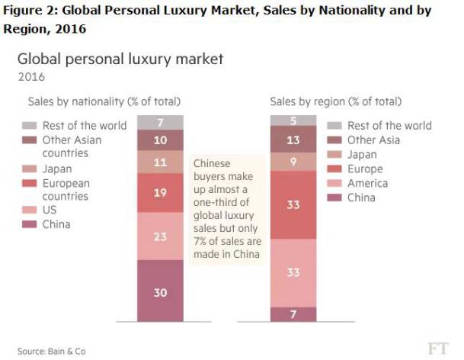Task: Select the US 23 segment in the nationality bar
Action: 160,236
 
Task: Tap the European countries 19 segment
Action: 160,193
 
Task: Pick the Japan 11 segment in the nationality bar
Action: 160,162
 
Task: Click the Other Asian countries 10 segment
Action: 160,140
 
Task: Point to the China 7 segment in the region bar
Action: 293,313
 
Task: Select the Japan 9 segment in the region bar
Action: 293,162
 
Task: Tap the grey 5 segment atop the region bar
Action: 293,120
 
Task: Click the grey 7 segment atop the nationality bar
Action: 160,122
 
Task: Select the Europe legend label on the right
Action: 364,169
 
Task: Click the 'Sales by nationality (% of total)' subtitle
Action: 98,101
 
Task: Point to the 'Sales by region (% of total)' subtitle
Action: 335,101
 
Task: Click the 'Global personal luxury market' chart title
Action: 120,59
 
